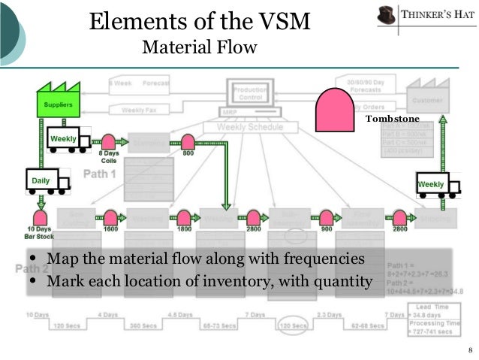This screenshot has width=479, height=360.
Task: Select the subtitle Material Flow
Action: (199, 48)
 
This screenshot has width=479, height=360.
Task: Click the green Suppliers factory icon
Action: (58, 101)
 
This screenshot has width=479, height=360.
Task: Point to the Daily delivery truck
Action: (47, 180)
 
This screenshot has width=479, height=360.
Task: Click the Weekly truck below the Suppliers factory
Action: (68, 141)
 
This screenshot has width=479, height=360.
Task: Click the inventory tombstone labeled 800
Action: (188, 141)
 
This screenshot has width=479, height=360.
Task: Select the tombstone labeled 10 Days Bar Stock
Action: (40, 217)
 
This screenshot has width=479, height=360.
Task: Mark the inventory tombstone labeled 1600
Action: (110, 217)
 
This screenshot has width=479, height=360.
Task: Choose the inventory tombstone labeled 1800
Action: (183, 217)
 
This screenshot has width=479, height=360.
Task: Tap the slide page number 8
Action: (469, 351)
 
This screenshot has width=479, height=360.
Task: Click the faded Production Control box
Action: (250, 92)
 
